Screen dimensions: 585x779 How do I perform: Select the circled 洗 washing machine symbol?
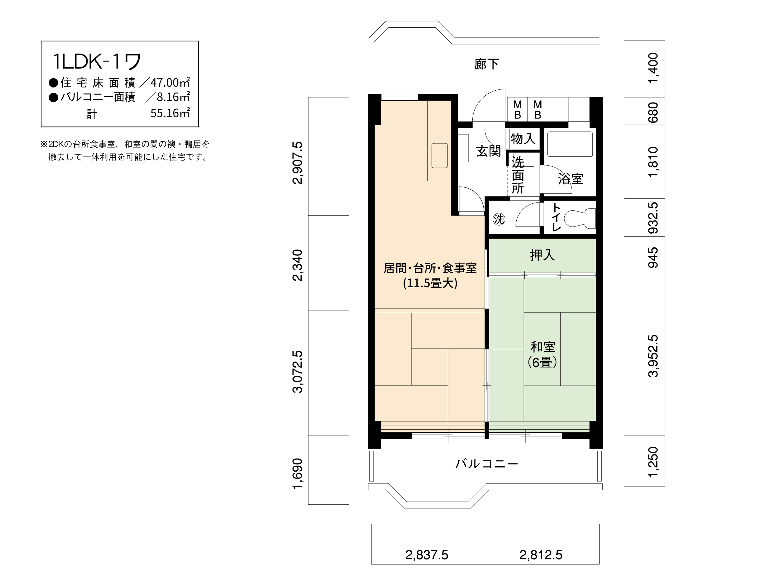click(499, 219)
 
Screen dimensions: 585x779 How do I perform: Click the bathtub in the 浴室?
click(570, 144)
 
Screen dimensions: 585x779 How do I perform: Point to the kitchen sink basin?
click(439, 155)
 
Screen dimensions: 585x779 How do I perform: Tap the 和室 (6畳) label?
click(542, 354)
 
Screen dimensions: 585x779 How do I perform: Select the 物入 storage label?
click(523, 139)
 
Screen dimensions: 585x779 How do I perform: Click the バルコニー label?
click(487, 464)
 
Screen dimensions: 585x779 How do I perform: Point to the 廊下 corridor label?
click(486, 64)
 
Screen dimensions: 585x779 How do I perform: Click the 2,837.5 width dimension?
click(427, 555)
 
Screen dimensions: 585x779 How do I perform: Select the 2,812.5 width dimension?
click(541, 555)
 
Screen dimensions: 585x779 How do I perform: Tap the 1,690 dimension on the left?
click(298, 473)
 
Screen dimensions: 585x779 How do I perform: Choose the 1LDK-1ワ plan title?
click(97, 61)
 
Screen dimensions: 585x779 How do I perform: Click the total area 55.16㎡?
click(170, 113)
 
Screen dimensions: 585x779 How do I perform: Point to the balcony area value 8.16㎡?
click(173, 97)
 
